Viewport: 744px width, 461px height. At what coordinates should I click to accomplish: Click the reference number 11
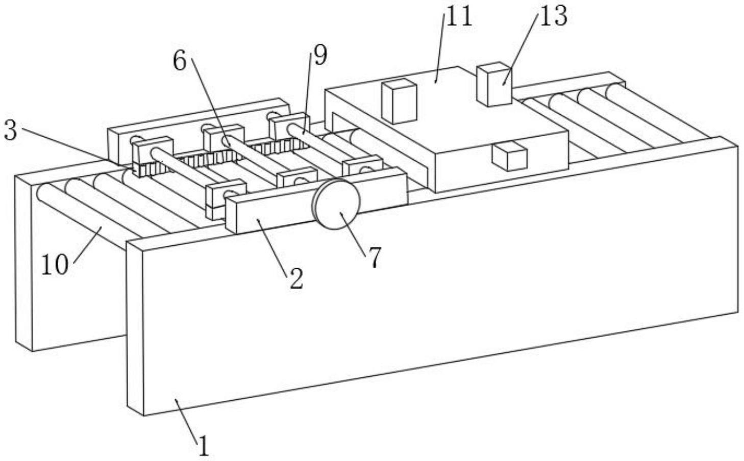459,16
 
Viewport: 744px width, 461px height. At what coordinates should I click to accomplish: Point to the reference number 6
180,61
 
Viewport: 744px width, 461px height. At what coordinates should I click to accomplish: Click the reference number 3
10,131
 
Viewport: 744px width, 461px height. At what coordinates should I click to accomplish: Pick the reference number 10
55,265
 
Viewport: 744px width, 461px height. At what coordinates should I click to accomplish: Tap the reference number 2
296,278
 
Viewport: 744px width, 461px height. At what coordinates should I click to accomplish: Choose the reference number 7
375,258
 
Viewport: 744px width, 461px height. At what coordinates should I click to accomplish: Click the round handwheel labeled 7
337,204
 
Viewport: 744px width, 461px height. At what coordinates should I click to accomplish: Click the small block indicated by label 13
494,84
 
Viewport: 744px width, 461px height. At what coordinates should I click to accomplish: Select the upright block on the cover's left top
400,100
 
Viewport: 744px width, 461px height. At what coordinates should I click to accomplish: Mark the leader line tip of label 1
176,400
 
